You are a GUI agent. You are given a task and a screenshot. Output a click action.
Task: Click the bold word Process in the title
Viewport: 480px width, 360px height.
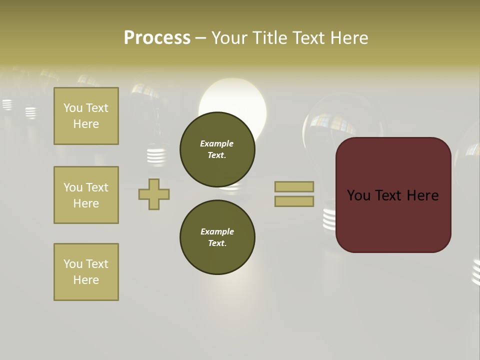(x=157, y=38)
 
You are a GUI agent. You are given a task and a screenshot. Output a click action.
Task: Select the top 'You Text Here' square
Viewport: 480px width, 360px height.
(x=86, y=116)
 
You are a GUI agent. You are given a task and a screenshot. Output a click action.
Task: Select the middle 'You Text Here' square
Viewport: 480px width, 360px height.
(x=86, y=195)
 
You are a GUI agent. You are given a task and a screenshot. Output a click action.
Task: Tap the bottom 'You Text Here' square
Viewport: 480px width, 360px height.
(x=86, y=271)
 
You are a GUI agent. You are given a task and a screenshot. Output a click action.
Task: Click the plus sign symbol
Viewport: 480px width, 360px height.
(x=154, y=194)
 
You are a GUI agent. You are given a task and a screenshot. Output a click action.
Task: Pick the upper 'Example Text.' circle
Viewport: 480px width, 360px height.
(x=217, y=149)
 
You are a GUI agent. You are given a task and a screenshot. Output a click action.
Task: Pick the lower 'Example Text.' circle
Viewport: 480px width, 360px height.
(x=217, y=237)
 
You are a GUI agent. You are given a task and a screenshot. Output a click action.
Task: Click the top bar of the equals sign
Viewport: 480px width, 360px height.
(x=294, y=186)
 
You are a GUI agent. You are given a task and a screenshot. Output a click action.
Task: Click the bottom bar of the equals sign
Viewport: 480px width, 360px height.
(x=294, y=201)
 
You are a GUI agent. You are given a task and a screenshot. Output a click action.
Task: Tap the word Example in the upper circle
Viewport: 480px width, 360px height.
(x=217, y=143)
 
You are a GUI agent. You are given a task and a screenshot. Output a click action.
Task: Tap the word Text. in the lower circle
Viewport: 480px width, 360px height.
(x=217, y=243)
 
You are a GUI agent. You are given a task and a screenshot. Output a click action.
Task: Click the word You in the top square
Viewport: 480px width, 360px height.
(x=73, y=108)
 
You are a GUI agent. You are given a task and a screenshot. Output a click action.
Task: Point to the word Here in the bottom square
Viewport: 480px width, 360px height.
(x=86, y=280)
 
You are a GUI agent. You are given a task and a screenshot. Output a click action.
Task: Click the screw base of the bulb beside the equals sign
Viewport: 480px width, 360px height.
(x=329, y=218)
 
